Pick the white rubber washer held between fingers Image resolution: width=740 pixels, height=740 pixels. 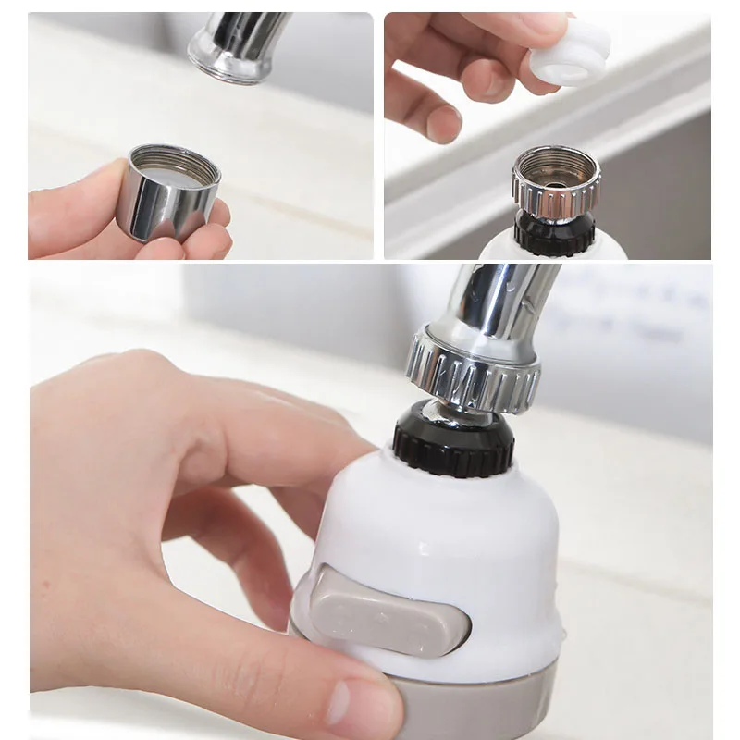click(x=572, y=55)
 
